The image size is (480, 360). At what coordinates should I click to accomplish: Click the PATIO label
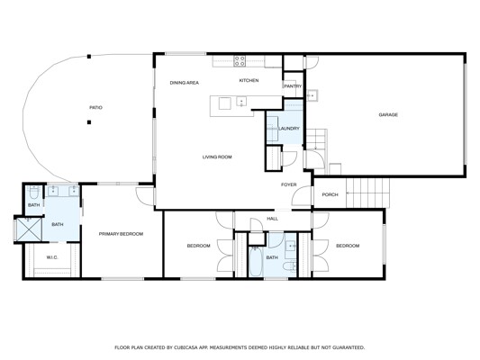click(x=95, y=108)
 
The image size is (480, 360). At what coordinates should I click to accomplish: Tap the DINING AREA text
click(x=185, y=83)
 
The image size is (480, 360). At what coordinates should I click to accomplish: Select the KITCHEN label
click(x=249, y=80)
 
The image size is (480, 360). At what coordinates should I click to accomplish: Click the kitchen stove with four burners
click(x=240, y=61)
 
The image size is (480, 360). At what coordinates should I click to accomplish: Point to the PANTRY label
click(x=293, y=86)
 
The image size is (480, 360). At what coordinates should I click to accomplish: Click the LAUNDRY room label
click(x=289, y=129)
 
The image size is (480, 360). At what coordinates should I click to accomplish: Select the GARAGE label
click(x=388, y=115)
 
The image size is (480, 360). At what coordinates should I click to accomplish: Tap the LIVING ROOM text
click(x=217, y=157)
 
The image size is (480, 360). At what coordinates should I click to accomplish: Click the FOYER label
click(x=289, y=184)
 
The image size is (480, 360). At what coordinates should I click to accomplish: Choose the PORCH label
click(x=330, y=194)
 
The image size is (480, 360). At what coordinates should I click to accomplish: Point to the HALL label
click(x=273, y=219)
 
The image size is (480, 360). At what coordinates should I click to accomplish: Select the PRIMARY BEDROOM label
click(x=121, y=234)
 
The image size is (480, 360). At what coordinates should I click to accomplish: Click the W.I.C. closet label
click(x=52, y=257)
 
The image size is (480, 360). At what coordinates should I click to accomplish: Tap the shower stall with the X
click(x=29, y=229)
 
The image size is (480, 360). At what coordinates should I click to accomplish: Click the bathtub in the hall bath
click(x=255, y=262)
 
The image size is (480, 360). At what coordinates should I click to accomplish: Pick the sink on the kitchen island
click(x=241, y=101)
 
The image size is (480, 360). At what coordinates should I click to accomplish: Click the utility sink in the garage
click(x=312, y=95)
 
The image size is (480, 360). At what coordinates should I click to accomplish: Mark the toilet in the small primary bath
click(x=33, y=193)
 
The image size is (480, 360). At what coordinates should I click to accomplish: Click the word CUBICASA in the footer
click(x=186, y=347)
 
